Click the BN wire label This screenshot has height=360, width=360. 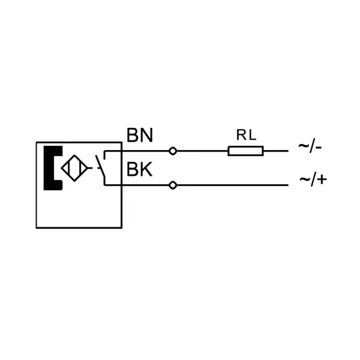(140, 135)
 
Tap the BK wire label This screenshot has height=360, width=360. (139, 169)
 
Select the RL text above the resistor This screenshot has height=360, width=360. (246, 135)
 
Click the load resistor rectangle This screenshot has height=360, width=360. (245, 151)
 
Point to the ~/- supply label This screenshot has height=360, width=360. (310, 146)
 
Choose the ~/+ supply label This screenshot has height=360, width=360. (313, 179)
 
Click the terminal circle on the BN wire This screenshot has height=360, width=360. (173, 151)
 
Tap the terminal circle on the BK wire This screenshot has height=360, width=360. (173, 185)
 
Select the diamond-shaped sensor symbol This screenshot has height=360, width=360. (74, 168)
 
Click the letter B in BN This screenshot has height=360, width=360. (132, 135)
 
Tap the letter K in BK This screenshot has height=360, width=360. (146, 169)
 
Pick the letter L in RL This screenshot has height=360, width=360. (253, 135)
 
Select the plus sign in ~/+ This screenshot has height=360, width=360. (322, 179)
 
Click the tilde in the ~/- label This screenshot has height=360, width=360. (304, 146)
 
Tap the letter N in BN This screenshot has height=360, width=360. (146, 135)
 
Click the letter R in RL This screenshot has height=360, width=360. (241, 135)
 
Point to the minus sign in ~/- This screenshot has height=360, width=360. (318, 147)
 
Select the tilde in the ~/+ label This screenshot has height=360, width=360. (305, 179)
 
